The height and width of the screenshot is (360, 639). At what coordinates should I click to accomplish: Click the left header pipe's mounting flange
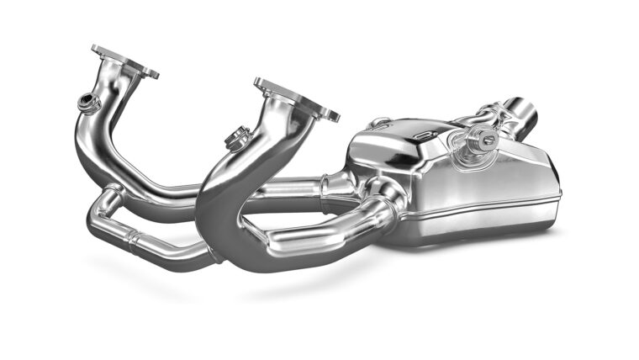click(125, 61)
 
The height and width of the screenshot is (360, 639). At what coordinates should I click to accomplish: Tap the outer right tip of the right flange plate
click(337, 117)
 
